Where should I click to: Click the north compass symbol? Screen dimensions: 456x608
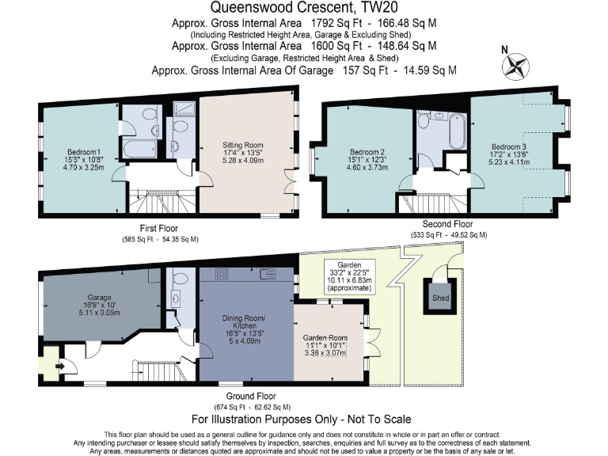coord(518,65)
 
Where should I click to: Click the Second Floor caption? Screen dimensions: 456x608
coord(449,225)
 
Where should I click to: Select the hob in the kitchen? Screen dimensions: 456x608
coord(222,275)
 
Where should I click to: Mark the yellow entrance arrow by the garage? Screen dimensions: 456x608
coord(59,366)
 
